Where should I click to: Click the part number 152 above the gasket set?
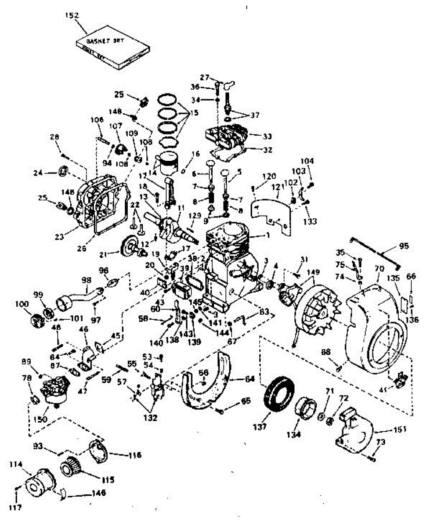(x=72, y=15)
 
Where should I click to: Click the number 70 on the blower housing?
(x=379, y=267)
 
